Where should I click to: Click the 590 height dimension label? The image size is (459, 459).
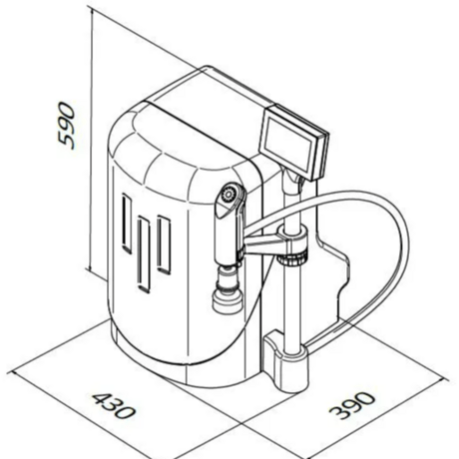pyautogui.click(x=67, y=126)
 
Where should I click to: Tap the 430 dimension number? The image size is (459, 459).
pyautogui.click(x=114, y=405)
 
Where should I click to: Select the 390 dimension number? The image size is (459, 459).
pyautogui.click(x=352, y=405)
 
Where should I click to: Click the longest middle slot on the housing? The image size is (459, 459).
pyautogui.click(x=144, y=254)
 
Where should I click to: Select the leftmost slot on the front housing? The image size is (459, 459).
pyautogui.click(x=127, y=224)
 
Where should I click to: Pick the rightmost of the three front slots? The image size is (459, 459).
pyautogui.click(x=164, y=244)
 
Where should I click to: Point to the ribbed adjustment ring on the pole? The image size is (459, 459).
pyautogui.click(x=291, y=258)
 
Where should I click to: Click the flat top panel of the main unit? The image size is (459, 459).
pyautogui.click(x=213, y=96)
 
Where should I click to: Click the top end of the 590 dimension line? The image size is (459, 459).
pyautogui.click(x=91, y=9)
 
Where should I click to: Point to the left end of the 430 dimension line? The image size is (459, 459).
pyautogui.click(x=12, y=372)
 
